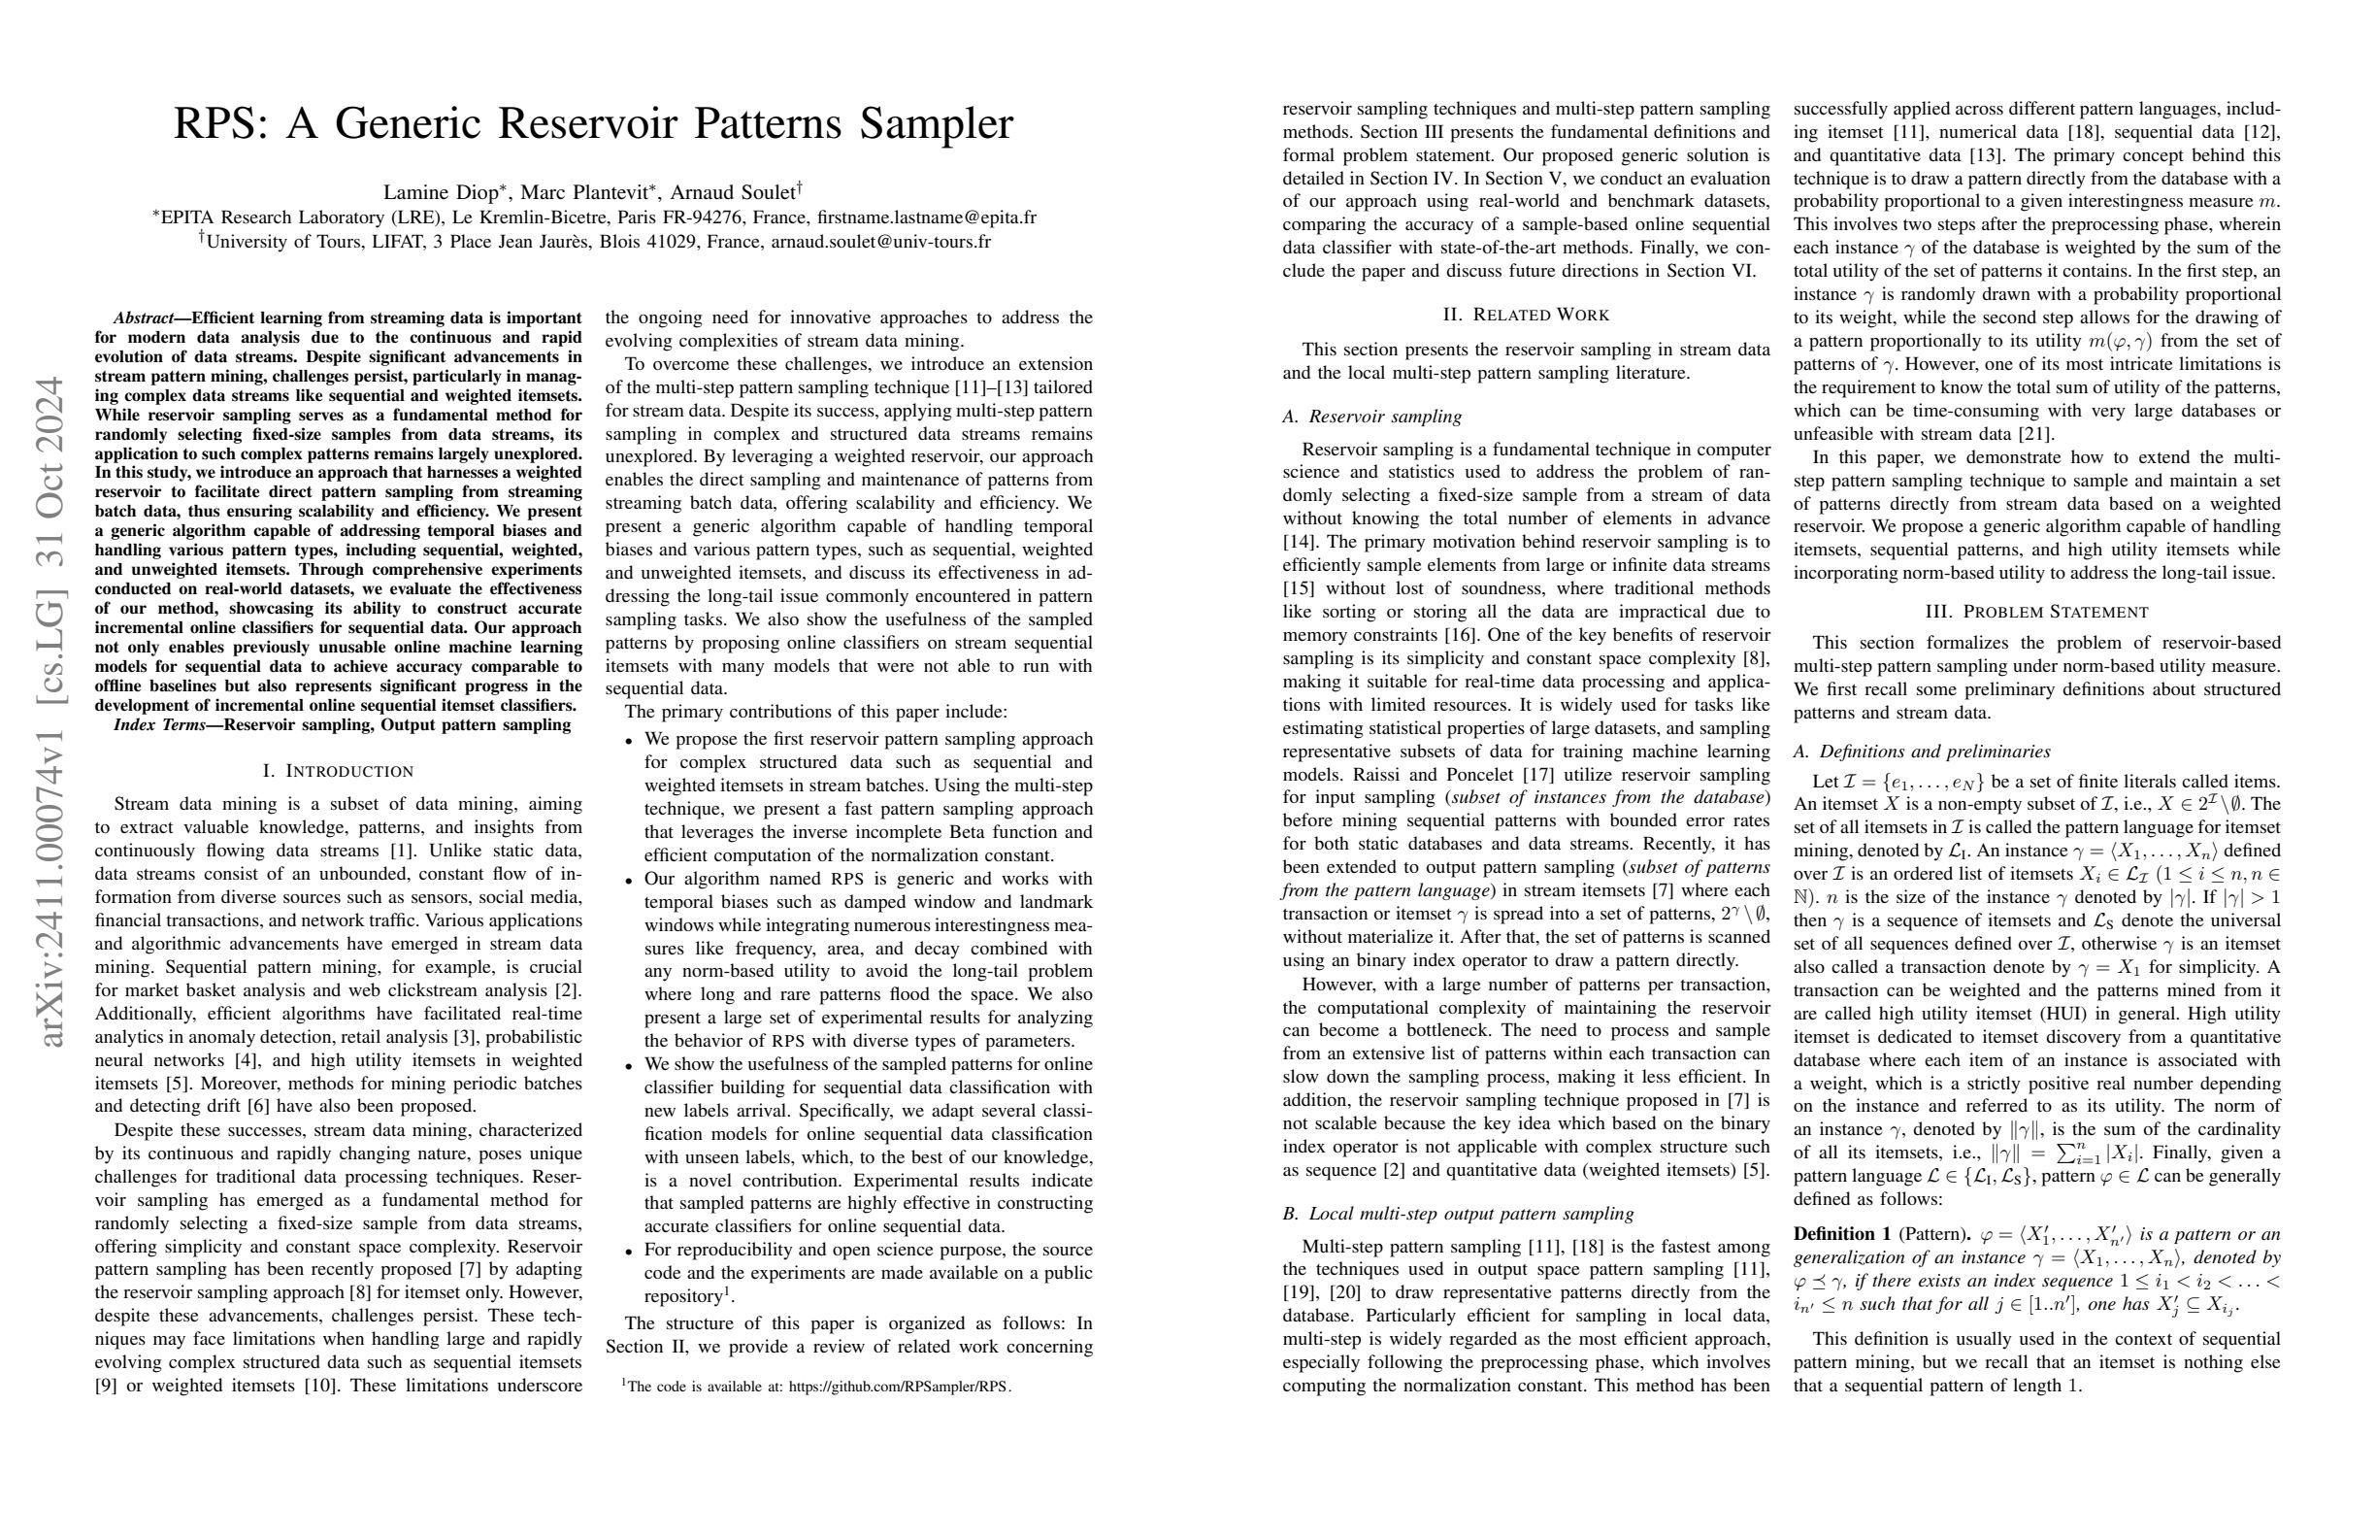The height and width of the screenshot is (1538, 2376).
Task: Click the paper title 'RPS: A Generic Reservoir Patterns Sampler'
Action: click(593, 124)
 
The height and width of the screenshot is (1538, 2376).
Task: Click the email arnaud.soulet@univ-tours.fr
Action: click(880, 242)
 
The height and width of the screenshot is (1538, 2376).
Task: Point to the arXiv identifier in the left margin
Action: click(49, 711)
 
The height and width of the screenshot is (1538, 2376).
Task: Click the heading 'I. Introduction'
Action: click(338, 771)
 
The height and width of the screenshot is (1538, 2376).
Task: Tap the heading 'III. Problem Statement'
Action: click(2036, 611)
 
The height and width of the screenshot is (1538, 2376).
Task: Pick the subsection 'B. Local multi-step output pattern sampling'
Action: click(1458, 1214)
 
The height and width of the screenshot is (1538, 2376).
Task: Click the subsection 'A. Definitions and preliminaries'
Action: click(1922, 751)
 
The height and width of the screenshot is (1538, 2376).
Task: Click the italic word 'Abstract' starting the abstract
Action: click(143, 318)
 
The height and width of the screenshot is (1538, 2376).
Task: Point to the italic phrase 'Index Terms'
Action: click(159, 725)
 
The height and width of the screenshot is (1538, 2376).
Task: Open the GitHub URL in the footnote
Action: click(898, 1388)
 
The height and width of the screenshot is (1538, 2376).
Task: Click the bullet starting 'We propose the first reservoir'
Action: click(868, 739)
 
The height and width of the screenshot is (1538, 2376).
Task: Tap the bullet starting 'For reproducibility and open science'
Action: click(868, 1251)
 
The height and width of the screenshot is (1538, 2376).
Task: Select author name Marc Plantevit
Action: click(583, 193)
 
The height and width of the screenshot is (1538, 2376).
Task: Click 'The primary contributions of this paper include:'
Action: click(815, 712)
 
